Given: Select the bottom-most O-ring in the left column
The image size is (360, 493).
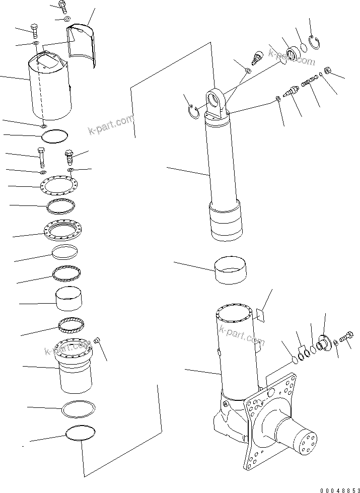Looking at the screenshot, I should [80, 433].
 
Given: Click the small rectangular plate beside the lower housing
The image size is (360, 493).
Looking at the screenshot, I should [259, 315].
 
